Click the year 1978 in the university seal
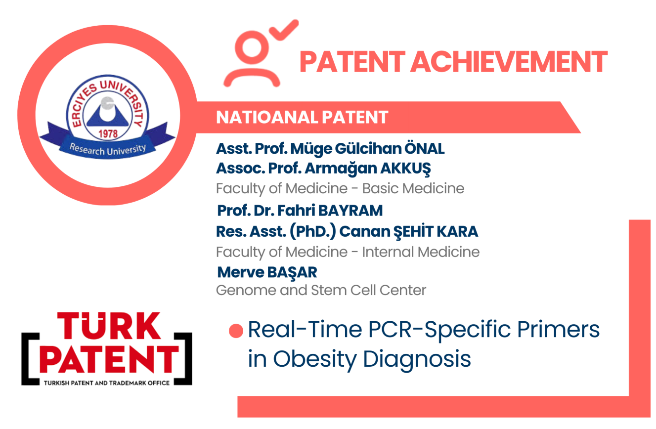(108, 134)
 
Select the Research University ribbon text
(107, 149)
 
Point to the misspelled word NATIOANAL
(266, 118)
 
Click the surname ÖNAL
(425, 148)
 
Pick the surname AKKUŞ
(405, 169)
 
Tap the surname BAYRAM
(350, 211)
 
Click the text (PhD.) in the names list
(313, 232)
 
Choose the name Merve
(240, 272)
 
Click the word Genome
(246, 291)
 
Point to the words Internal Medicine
(421, 252)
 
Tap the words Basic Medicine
(413, 188)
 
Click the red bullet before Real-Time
(236, 331)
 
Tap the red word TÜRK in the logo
(109, 326)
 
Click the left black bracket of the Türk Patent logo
(30, 359)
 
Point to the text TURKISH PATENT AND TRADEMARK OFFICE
(107, 383)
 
